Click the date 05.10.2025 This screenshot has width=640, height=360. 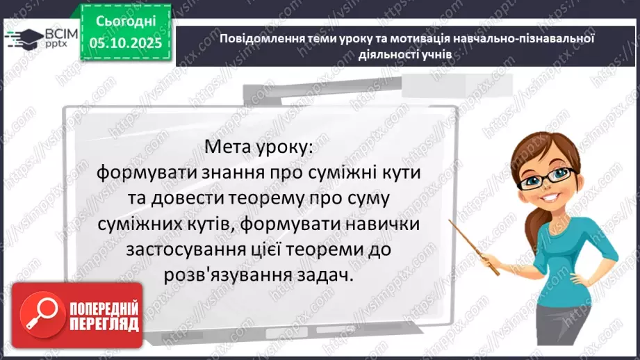[126, 42]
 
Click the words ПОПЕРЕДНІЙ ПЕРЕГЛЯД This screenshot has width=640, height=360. [104, 316]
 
